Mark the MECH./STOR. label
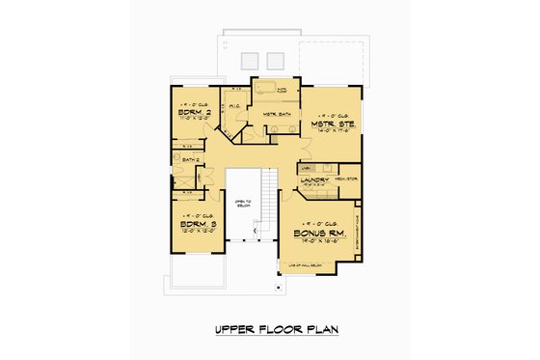344,178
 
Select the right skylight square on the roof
275,57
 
